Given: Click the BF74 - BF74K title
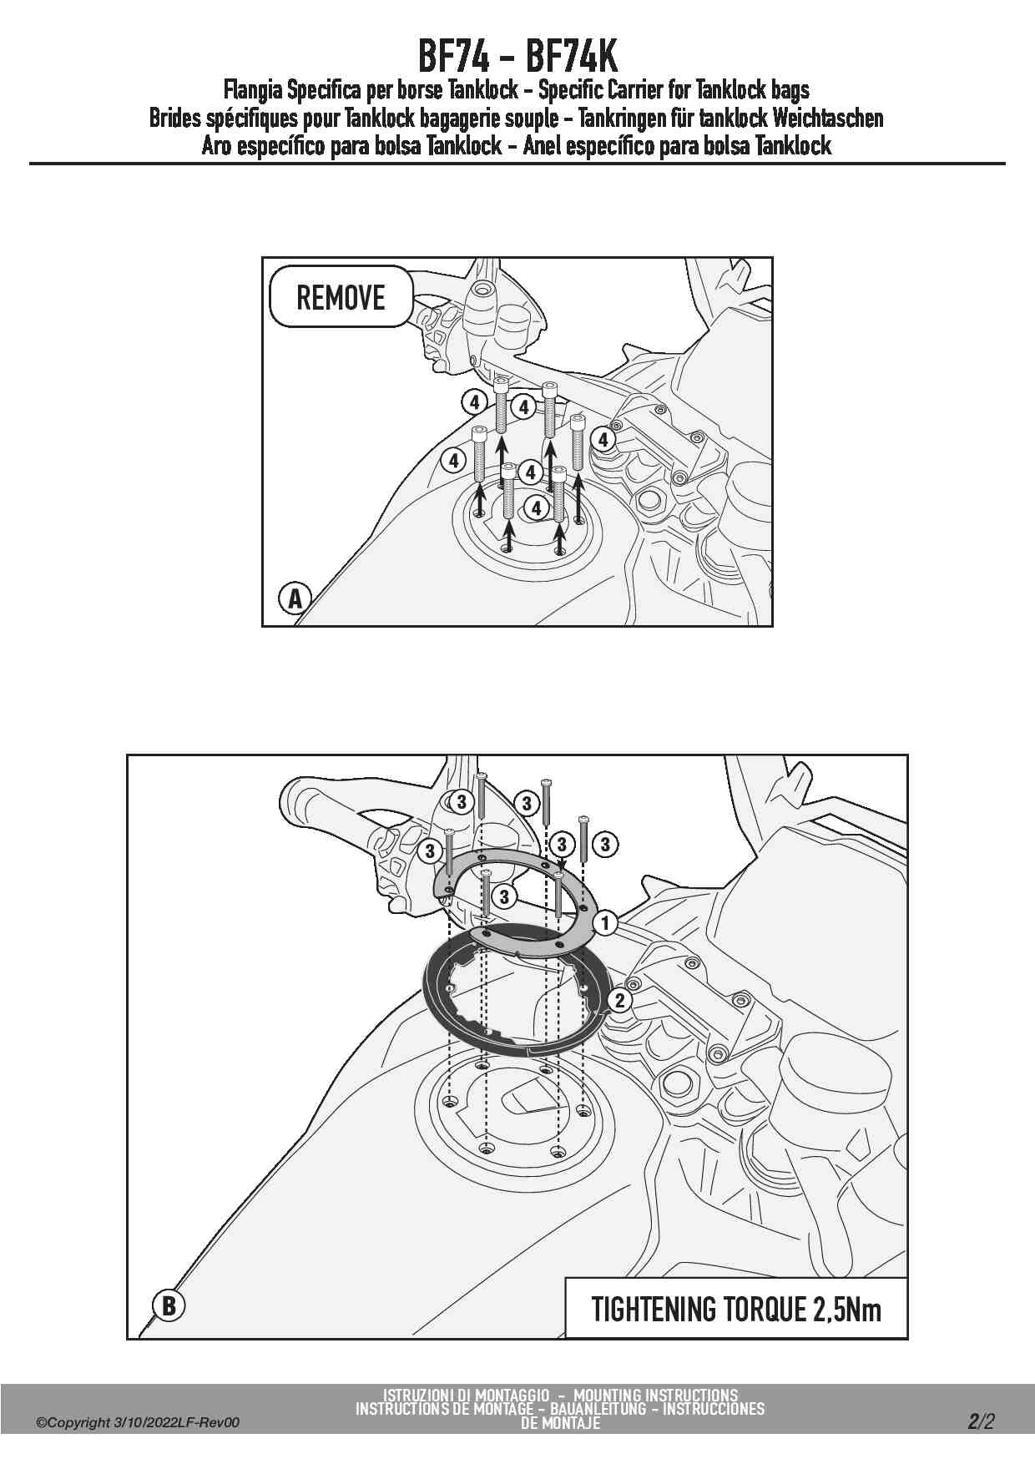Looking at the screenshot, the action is (517, 57).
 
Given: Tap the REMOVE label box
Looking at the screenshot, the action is (341, 297).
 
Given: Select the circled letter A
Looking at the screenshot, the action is (294, 598).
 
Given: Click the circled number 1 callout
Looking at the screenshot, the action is (605, 923).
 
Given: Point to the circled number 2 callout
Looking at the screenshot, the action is (619, 1000).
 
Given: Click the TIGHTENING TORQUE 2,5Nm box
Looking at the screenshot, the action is (736, 1309).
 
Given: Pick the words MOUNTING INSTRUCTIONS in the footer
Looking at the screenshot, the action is (655, 1395).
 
